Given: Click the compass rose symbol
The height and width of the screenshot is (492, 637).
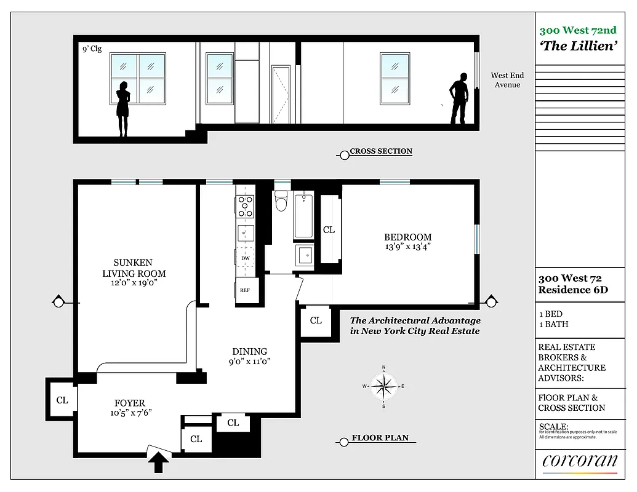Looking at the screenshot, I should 383,387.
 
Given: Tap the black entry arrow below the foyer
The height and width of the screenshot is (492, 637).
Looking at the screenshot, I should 158,461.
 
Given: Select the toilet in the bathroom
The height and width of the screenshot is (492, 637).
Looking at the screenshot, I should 281,201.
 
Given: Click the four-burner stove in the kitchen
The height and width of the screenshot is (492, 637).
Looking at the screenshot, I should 246,206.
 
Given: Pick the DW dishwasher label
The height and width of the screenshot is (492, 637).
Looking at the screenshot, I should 245,259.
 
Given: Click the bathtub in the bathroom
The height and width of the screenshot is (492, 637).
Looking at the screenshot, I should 303,216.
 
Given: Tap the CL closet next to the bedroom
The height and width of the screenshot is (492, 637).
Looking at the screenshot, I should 329,229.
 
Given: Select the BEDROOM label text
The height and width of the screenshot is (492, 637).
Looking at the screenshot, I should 407,237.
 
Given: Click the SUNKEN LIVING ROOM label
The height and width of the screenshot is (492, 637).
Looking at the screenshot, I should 134,268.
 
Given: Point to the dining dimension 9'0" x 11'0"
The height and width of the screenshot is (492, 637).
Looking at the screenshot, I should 249,362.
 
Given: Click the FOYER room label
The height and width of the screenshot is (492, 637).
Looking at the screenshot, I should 129,403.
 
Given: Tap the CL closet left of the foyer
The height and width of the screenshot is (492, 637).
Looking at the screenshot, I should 62,400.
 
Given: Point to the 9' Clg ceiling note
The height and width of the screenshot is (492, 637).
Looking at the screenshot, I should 91,49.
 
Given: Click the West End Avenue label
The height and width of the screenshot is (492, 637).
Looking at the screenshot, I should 507,80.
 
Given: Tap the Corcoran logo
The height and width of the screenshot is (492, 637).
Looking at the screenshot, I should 579,461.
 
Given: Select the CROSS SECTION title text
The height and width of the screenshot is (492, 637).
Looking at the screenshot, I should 380,151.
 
